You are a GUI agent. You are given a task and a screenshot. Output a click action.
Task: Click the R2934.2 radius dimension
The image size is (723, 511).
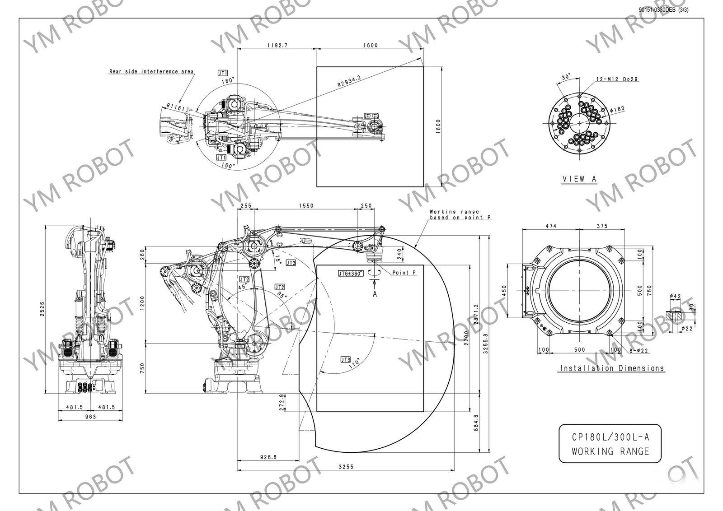pyautogui.click(x=349, y=82)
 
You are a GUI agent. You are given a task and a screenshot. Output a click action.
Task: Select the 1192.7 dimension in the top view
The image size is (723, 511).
pyautogui.click(x=277, y=45)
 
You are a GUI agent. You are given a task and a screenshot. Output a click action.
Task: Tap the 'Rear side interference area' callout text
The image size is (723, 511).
pyautogui.click(x=151, y=71)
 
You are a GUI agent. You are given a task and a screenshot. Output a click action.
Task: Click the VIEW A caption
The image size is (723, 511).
pyautogui.click(x=579, y=179)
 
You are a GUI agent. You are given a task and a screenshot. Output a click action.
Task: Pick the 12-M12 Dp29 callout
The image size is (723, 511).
pyautogui.click(x=617, y=79)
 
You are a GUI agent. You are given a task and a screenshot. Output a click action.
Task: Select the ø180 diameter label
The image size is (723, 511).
pyautogui.click(x=617, y=108)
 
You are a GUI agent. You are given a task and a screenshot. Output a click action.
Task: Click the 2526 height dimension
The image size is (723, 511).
pyautogui.click(x=42, y=309)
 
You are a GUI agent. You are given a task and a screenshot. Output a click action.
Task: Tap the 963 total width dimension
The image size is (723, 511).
pyautogui.click(x=90, y=417)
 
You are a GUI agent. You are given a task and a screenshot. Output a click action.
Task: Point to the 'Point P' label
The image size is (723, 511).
pyautogui.click(x=404, y=273)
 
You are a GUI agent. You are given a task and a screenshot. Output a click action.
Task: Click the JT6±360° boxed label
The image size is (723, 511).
pyautogui.click(x=351, y=274)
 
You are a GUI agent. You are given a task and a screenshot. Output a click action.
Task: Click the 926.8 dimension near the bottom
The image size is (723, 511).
pyautogui.click(x=268, y=457)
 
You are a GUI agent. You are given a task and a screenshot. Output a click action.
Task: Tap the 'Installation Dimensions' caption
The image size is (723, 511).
pyautogui.click(x=612, y=368)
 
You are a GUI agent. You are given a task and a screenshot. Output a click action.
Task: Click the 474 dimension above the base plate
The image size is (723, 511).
pyautogui.click(x=550, y=226)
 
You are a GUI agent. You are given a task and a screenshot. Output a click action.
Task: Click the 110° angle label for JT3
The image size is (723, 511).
pyautogui.click(x=354, y=362)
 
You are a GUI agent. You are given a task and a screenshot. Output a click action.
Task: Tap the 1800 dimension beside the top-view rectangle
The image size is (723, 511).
pyautogui.click(x=437, y=127)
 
